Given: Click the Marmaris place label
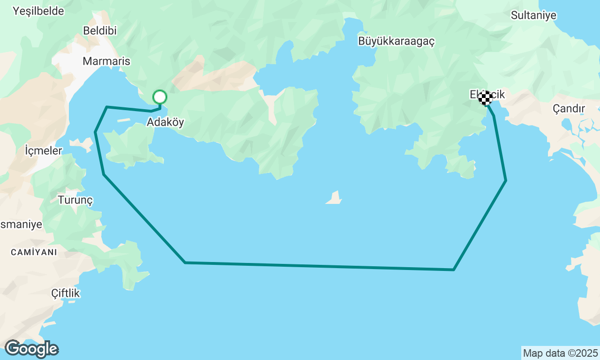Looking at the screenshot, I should tap(106, 61).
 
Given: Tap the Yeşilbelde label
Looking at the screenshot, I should tap(38, 11).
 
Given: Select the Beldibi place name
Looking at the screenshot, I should tap(99, 30).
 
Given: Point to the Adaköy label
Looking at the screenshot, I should tap(165, 122).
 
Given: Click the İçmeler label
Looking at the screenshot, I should tap(43, 151).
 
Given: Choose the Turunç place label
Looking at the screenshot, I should tap(75, 200).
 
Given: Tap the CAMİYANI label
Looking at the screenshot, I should tap(34, 252).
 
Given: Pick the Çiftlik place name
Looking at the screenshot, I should tap(66, 293).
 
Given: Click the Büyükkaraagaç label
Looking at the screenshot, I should tap(396, 41).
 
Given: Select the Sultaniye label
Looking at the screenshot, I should tap(533, 15).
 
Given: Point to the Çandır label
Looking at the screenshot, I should tap(569, 109).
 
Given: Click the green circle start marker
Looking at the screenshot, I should tap(160, 97).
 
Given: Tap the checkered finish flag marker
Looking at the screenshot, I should tap(485, 98).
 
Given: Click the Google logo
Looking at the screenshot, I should tap(31, 349).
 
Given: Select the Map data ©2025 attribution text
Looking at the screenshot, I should tap(560, 353).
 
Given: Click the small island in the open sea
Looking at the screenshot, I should tap(334, 198).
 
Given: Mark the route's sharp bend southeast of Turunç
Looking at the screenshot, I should tap(185, 262).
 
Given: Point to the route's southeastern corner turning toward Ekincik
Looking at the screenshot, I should tap(453, 270).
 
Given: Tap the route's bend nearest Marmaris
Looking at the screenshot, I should tap(107, 107).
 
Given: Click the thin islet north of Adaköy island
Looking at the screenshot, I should tap(123, 120).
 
